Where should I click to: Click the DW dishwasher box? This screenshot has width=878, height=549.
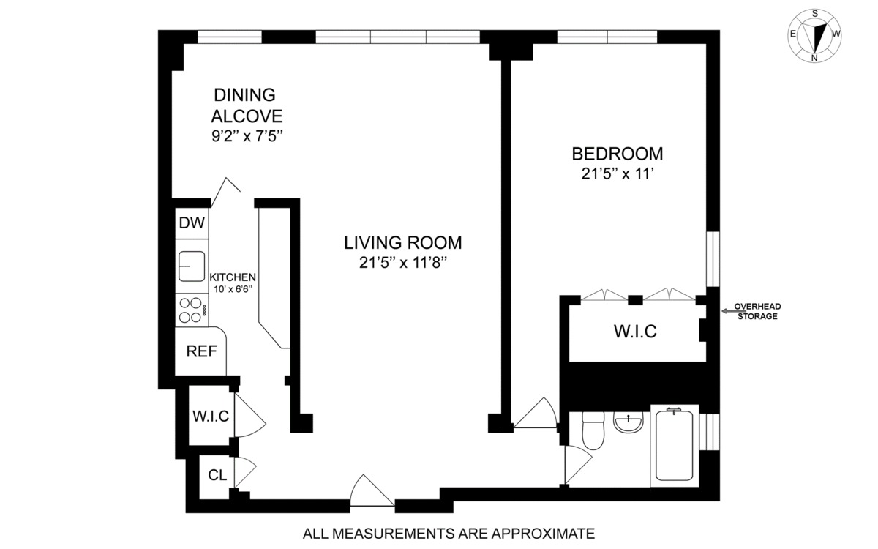(192, 223)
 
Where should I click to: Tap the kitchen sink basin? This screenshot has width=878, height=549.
(192, 266)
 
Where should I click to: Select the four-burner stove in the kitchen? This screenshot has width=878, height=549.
(192, 310)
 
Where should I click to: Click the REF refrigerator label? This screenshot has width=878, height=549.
(201, 351)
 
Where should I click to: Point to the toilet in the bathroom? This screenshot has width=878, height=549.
(593, 430)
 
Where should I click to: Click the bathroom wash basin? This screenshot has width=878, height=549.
(629, 422)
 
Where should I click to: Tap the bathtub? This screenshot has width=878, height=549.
(674, 445)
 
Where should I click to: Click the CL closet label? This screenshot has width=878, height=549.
(217, 475)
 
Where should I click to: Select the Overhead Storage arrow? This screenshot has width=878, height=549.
(734, 311)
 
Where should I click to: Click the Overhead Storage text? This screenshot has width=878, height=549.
(758, 311)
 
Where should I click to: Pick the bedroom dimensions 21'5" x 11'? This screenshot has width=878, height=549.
(618, 173)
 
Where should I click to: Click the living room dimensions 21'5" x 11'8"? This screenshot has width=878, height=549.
(403, 263)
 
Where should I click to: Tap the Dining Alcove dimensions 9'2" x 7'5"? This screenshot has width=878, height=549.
(247, 136)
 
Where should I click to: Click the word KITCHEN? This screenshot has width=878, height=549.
(233, 277)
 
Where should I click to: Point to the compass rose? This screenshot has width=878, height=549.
(815, 35)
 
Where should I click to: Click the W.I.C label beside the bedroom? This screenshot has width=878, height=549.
(635, 332)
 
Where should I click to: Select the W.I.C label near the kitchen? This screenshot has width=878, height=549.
(211, 416)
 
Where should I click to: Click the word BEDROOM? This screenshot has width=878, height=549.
(618, 154)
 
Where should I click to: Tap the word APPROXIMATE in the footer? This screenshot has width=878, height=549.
(543, 534)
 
